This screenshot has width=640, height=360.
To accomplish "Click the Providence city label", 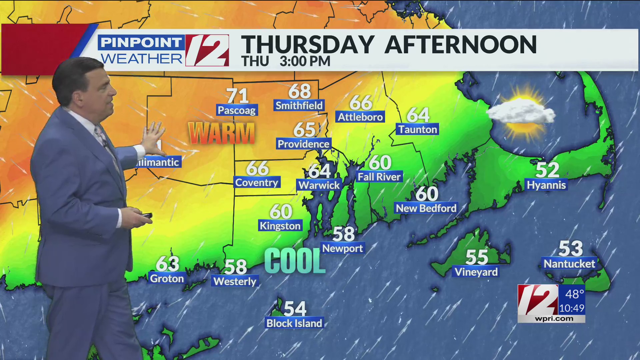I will point(303,144).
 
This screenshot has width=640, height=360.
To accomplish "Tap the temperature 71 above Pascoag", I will point(237,96).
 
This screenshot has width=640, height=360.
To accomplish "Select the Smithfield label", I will point(299,106).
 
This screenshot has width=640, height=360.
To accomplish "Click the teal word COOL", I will point(295,261).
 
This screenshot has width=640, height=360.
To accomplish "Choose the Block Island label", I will point(294,323).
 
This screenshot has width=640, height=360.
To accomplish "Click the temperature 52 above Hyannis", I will point(547,170).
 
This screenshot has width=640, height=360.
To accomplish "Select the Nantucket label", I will point(569,264).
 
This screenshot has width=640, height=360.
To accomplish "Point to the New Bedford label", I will point(426,208).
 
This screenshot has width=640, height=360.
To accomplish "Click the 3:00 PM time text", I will point(305,61).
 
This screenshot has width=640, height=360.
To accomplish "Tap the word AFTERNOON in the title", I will point(460,45).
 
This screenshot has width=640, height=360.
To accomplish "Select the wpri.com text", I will point(554,319).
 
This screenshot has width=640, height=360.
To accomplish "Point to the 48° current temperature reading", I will point(574,294).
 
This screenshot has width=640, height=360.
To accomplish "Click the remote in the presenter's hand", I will point(146,216).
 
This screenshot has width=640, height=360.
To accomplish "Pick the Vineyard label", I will point(476,272).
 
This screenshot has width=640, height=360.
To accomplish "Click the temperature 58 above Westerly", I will point(235,267).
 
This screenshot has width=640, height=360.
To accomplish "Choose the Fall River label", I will point(379,177).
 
